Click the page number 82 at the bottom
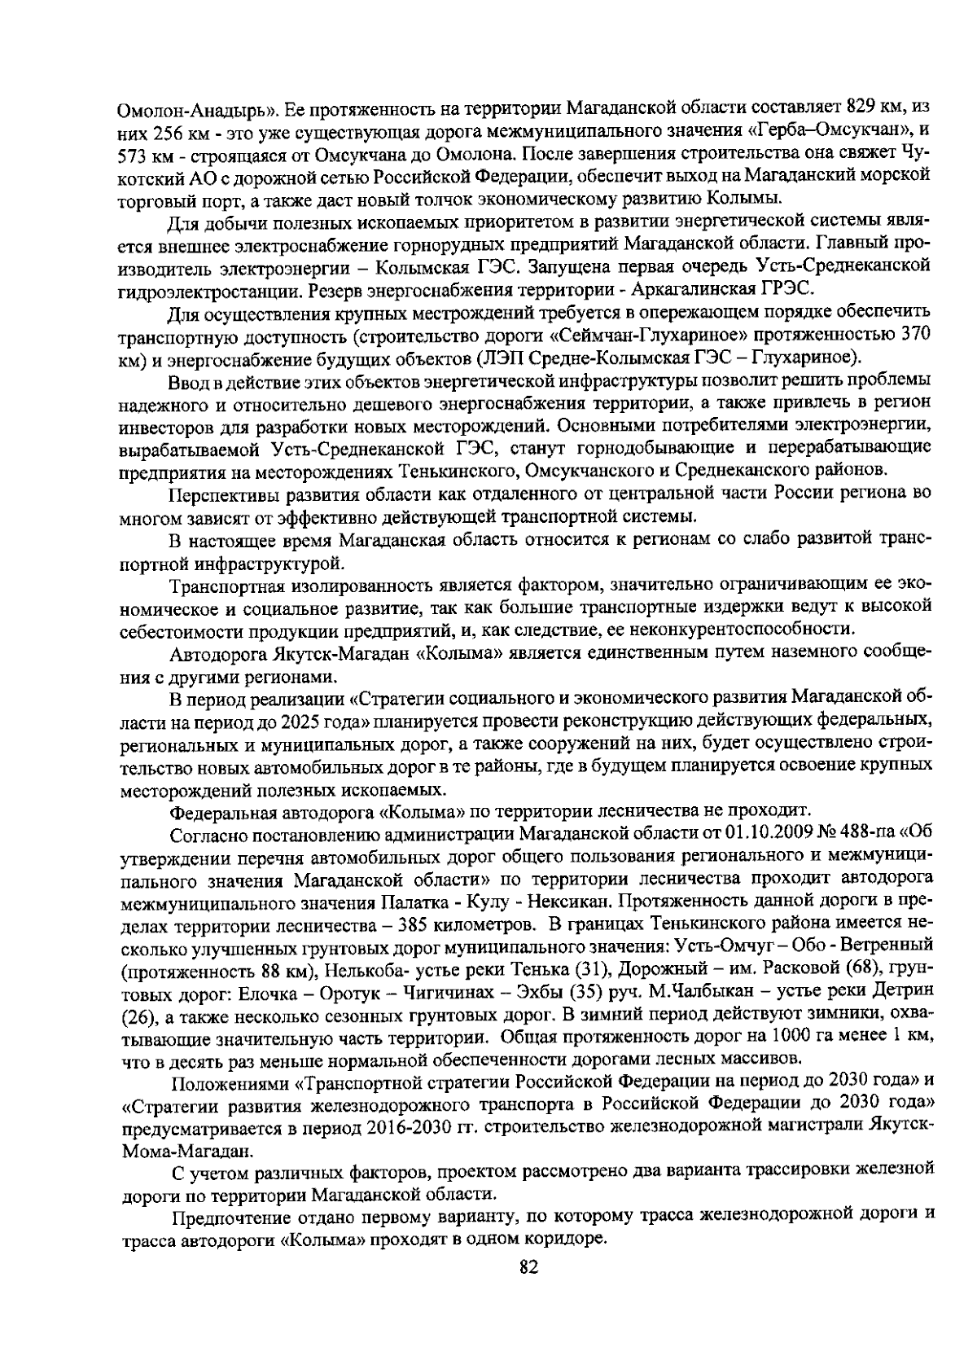point(528,1266)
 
